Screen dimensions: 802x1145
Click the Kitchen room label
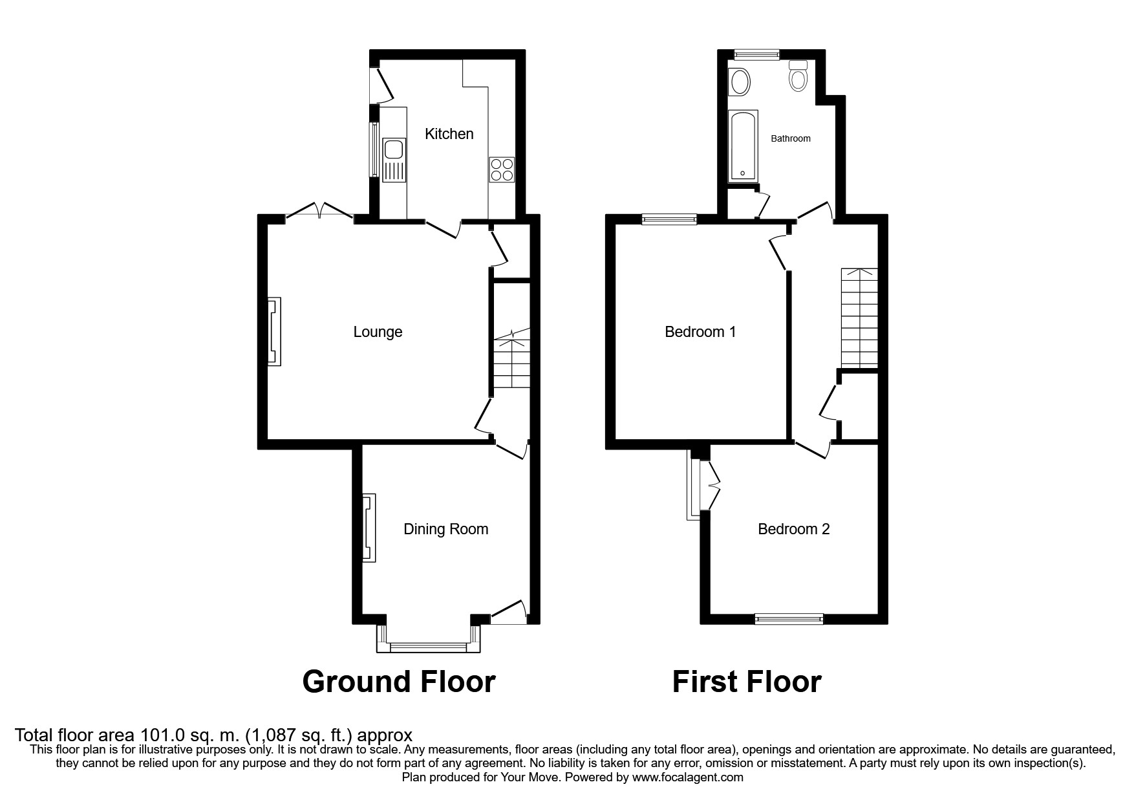click(x=449, y=134)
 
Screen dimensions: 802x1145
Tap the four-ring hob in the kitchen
click(x=502, y=169)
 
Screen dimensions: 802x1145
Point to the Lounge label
click(x=378, y=332)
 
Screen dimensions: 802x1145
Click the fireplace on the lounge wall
click(x=274, y=331)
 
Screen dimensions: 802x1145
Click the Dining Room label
click(x=445, y=529)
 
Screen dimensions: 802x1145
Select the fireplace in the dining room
click(x=369, y=528)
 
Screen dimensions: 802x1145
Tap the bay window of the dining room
click(x=429, y=644)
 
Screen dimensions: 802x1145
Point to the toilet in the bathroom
click(x=798, y=77)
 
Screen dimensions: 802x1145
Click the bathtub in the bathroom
click(x=742, y=146)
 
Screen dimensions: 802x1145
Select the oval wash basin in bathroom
click(x=740, y=83)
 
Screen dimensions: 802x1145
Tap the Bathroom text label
click(x=790, y=138)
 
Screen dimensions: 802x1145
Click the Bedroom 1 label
click(x=700, y=332)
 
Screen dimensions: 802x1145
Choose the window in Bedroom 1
click(x=670, y=220)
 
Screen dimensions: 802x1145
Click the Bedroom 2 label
click(x=793, y=529)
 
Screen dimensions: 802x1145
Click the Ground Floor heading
click(x=398, y=682)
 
